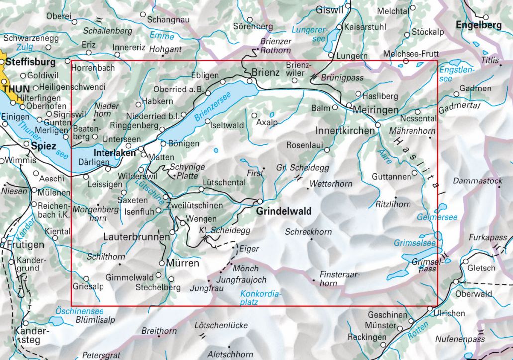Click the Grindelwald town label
click(284, 211)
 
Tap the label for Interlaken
click(115, 154)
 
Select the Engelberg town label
click(478, 25)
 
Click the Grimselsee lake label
click(415, 243)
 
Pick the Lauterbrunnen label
click(136, 238)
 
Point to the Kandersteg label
click(28, 335)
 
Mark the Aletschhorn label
click(230, 355)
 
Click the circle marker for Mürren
click(162, 263)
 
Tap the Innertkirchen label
click(345, 131)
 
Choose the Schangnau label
click(168, 19)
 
